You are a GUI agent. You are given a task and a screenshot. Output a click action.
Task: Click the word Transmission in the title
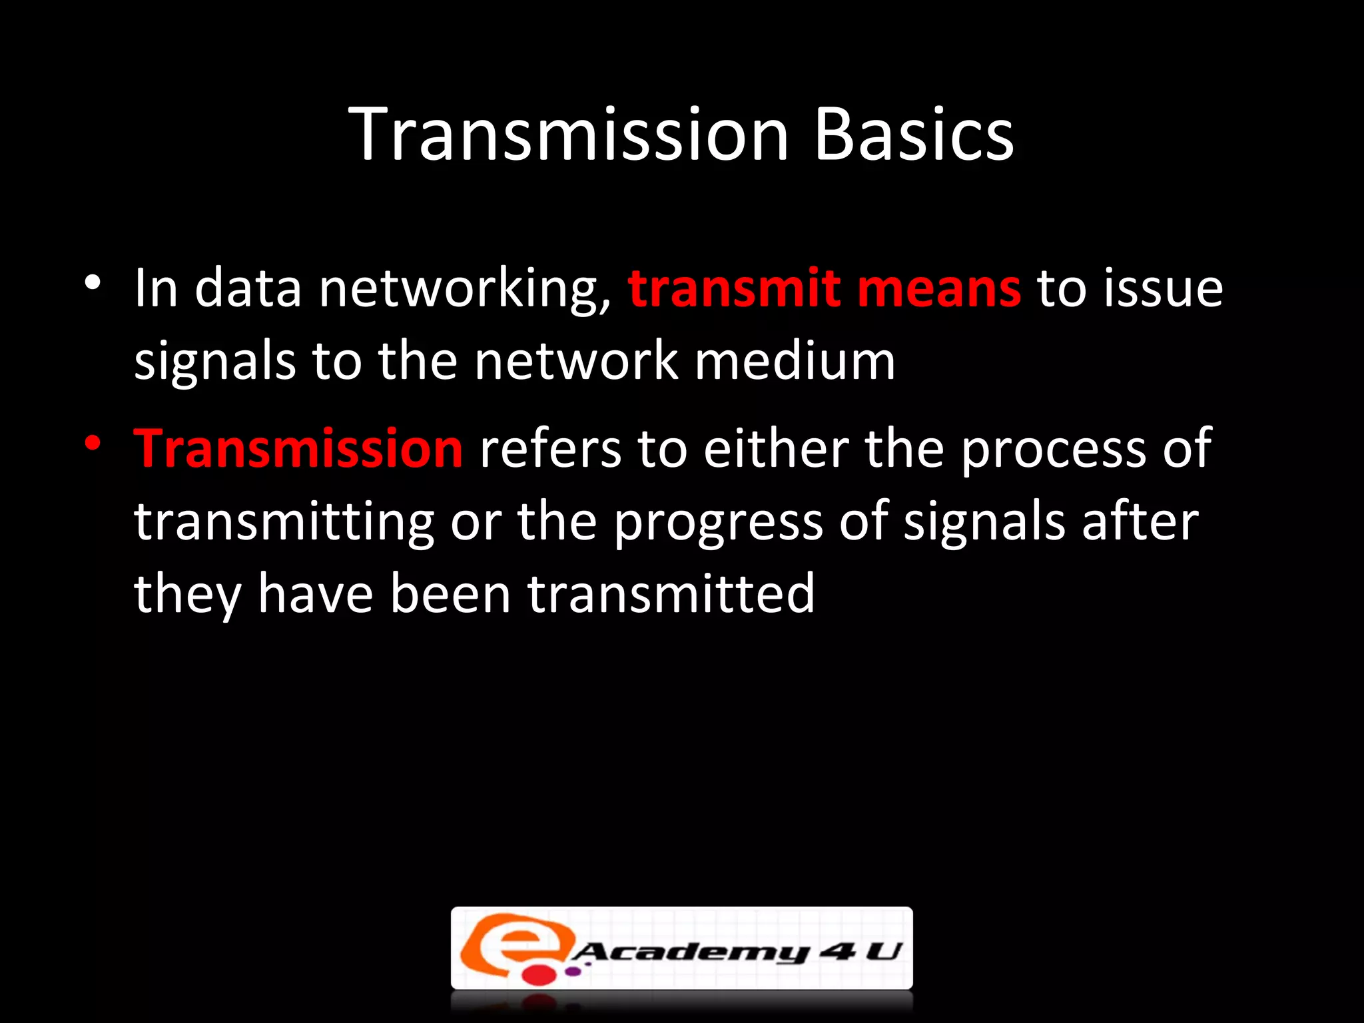[x=569, y=135]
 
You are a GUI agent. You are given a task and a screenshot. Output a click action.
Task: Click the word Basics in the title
[x=914, y=135]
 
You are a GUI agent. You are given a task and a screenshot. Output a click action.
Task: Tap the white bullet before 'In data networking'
[x=93, y=283]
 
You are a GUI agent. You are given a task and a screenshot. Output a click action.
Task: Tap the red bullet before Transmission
[x=93, y=443]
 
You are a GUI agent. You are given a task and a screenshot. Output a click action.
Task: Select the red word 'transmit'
[x=733, y=288]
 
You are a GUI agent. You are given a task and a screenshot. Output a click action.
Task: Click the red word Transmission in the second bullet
[x=298, y=449]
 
